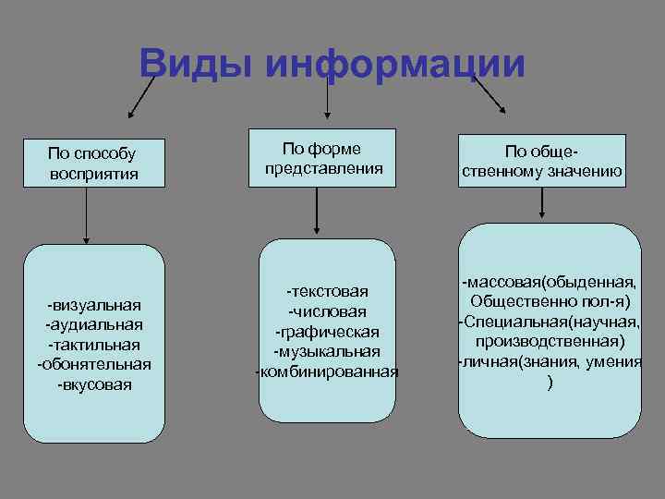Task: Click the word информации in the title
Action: point(394,65)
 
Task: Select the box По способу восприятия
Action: point(94,163)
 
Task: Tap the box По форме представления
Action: point(322,159)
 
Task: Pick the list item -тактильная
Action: point(94,344)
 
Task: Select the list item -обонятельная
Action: point(94,364)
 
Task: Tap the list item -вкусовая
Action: point(94,384)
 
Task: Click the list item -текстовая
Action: point(328,291)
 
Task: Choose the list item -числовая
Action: point(328,311)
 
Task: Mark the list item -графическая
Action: point(328,332)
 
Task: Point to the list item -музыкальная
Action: point(328,352)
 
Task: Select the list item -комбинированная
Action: point(328,372)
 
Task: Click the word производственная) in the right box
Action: point(551,341)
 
